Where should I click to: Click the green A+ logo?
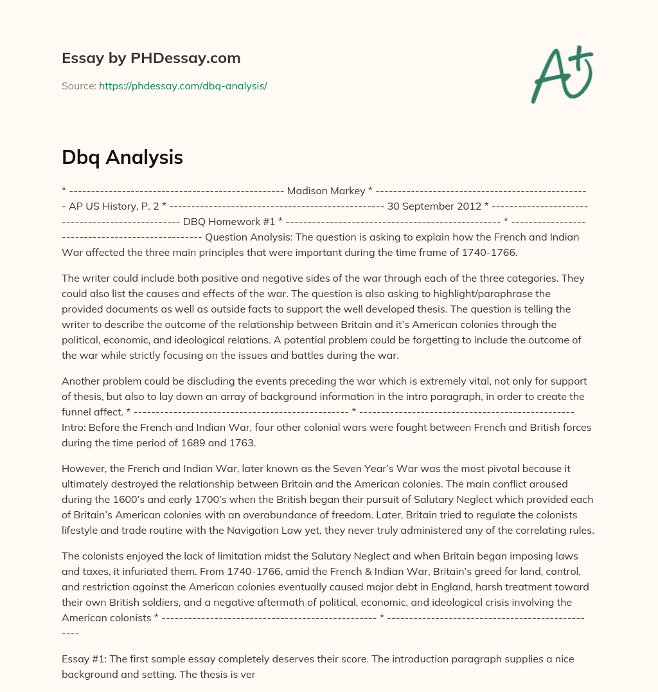coord(562,74)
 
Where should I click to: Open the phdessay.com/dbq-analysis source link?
coord(182,86)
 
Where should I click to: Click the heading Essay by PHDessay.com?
coord(151,58)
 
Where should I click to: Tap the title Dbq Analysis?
coord(122,158)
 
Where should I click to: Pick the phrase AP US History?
coord(105,206)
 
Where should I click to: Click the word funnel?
coord(77,412)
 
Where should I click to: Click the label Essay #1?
coord(83,659)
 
